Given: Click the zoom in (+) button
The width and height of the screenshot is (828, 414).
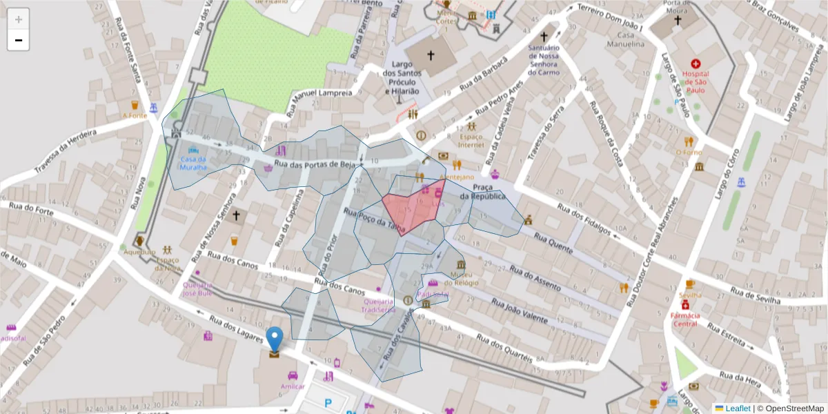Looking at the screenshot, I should [x=19, y=19].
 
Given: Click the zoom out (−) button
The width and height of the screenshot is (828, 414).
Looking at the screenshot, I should [x=19, y=41].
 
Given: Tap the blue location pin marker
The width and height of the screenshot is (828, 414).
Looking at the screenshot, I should [x=275, y=339].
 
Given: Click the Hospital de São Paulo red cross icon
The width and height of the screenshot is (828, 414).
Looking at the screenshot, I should [x=696, y=63].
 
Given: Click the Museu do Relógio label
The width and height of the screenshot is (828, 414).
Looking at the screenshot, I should [x=460, y=278].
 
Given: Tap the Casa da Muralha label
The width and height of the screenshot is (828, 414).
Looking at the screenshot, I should [x=193, y=163].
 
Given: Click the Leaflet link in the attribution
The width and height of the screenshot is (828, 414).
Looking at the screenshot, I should [x=738, y=408].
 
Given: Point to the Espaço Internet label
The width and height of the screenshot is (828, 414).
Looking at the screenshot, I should [x=472, y=141].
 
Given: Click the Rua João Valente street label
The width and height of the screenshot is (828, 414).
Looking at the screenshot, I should [x=519, y=311].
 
